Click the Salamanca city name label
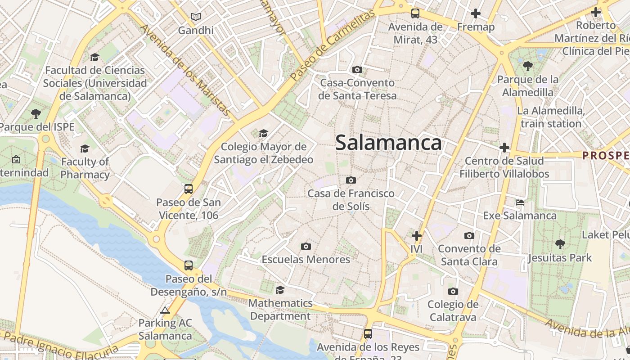click(x=388, y=143)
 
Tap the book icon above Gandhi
click(x=196, y=17)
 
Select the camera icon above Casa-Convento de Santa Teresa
click(x=357, y=69)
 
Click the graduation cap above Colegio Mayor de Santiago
click(x=263, y=133)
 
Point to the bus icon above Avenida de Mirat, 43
click(x=415, y=13)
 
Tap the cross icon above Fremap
click(x=476, y=13)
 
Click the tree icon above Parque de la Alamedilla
click(x=528, y=66)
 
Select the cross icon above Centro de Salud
click(x=504, y=148)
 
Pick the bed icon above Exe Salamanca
click(x=520, y=202)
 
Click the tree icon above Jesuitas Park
click(x=560, y=244)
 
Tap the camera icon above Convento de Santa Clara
click(x=469, y=235)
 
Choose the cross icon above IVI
click(x=417, y=235)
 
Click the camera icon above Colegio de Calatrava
click(x=453, y=291)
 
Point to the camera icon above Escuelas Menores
click(x=306, y=246)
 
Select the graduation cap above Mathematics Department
click(x=280, y=289)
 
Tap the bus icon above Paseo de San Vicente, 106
click(x=189, y=189)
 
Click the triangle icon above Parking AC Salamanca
click(x=165, y=310)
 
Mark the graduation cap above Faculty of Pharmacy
click(x=85, y=148)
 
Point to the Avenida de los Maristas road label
click(x=186, y=70)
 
